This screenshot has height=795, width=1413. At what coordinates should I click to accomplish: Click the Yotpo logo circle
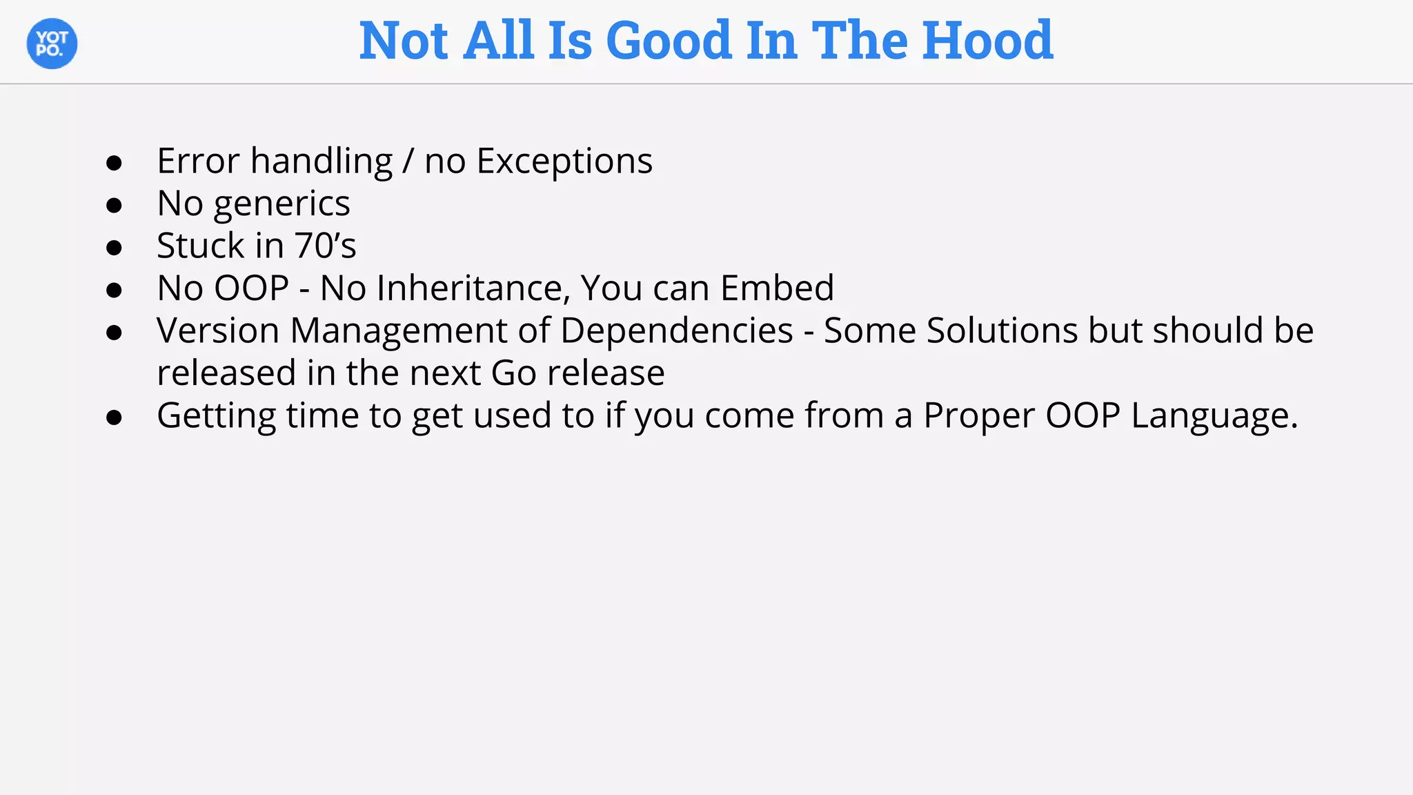click(x=52, y=43)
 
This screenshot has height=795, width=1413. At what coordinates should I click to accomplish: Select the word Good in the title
click(x=668, y=41)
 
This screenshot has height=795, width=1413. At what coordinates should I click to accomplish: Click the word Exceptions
click(x=564, y=161)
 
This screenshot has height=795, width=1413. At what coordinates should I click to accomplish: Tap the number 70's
click(x=326, y=246)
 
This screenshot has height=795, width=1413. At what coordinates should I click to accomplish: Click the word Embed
click(x=776, y=288)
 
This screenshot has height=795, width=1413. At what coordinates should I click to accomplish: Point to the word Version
click(x=218, y=331)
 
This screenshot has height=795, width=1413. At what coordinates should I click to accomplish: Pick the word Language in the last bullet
click(x=1213, y=417)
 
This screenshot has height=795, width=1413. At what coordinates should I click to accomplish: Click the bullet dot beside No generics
click(x=115, y=205)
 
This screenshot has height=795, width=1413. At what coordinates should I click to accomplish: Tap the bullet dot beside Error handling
click(x=115, y=163)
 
